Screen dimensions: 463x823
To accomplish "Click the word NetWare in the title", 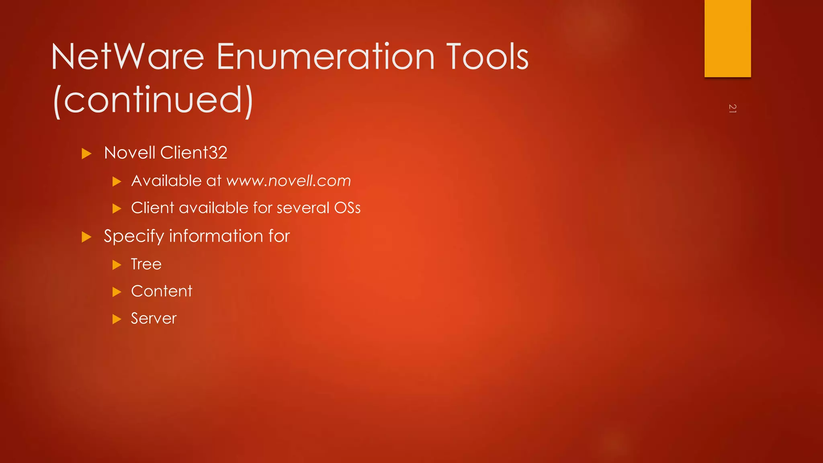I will (x=128, y=57).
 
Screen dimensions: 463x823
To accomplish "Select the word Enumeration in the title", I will (x=326, y=57).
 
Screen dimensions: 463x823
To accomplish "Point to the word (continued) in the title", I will (x=153, y=100).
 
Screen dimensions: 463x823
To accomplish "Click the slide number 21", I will (x=732, y=109).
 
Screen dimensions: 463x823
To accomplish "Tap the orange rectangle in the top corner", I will (x=727, y=38).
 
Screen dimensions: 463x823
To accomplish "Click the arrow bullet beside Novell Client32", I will (x=86, y=154).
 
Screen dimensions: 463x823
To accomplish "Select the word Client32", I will (x=194, y=153).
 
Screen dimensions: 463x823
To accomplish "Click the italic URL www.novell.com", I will (x=289, y=181).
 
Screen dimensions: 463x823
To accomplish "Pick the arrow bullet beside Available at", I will (x=117, y=182).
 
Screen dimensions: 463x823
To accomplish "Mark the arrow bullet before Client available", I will (x=117, y=209).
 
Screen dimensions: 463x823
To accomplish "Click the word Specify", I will (x=134, y=236).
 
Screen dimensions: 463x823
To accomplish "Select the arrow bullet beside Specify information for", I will (x=86, y=237).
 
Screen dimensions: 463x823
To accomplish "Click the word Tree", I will (x=146, y=264).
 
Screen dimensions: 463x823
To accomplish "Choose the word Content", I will (x=162, y=291).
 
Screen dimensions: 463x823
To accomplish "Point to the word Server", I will (x=154, y=319).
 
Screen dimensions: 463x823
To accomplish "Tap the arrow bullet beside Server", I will (x=117, y=320).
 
